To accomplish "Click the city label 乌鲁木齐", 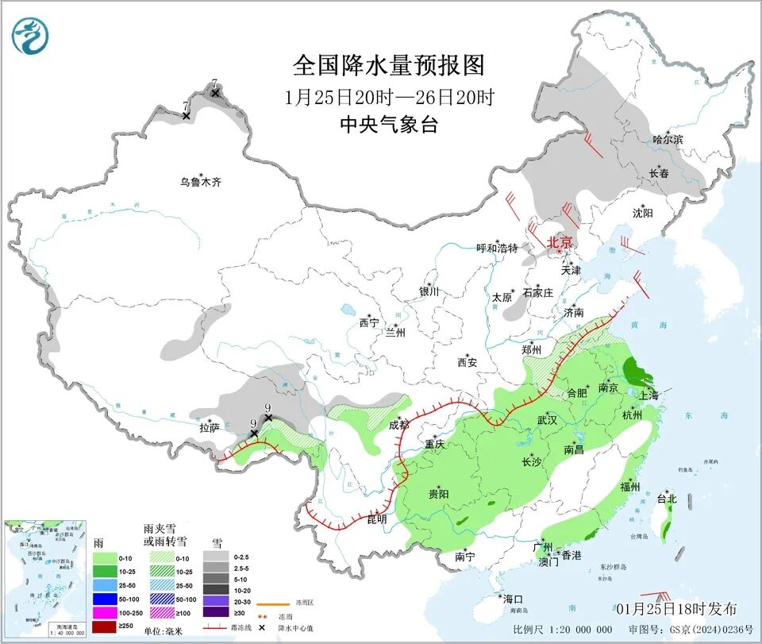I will click(x=200, y=182).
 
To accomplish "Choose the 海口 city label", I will click(x=512, y=598).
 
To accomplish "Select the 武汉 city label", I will click(x=548, y=419).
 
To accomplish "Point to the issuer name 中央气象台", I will click(x=388, y=124).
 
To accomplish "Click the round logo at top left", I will click(x=30, y=36).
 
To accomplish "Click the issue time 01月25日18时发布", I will click(x=675, y=609).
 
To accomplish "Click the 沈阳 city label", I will click(x=642, y=213).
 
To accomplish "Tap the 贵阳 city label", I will click(x=438, y=494).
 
